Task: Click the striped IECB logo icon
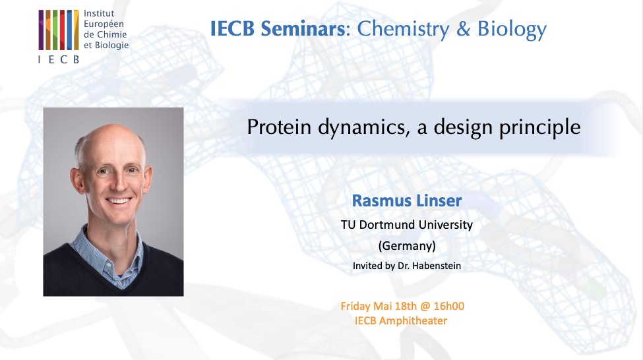(x=59, y=30)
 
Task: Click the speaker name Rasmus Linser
(x=406, y=200)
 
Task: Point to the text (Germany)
(x=406, y=246)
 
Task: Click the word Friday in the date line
(x=357, y=306)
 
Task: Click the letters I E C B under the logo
(x=59, y=59)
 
